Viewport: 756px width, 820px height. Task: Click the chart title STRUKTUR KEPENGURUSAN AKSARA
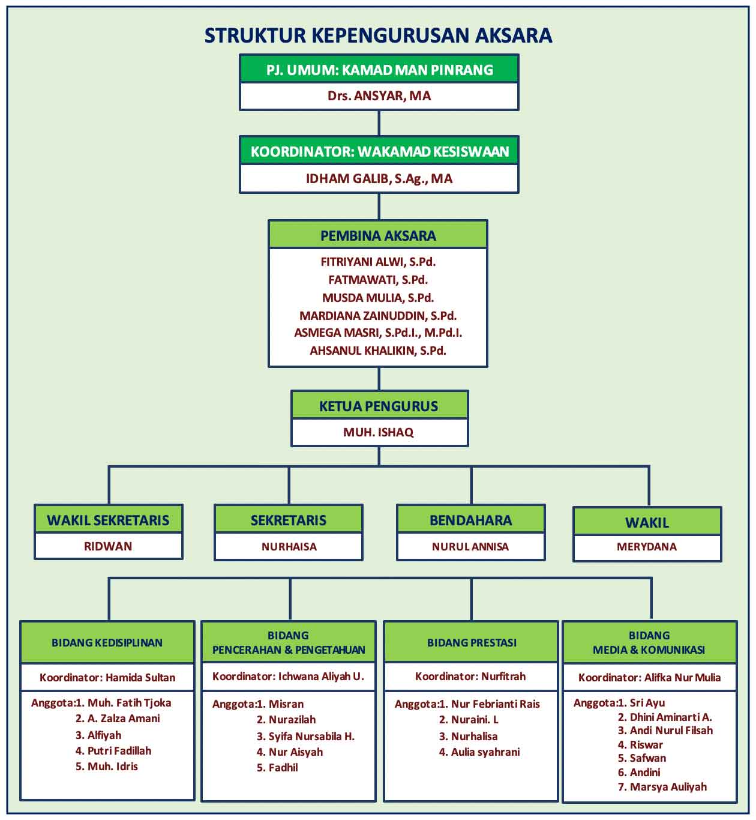(378, 35)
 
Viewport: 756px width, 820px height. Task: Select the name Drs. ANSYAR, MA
(379, 96)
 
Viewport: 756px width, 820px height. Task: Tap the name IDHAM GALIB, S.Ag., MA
(379, 179)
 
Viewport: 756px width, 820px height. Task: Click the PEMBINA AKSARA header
(378, 236)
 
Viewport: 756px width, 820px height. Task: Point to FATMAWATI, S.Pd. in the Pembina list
(378, 280)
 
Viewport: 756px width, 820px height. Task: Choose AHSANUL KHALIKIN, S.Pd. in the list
(378, 351)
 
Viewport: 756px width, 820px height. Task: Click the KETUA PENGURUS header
(379, 406)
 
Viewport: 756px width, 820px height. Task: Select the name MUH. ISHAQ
(379, 432)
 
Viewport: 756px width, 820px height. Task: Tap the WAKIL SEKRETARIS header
(108, 520)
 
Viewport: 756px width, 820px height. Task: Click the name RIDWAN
(108, 546)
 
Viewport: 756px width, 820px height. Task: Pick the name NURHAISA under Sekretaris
(289, 547)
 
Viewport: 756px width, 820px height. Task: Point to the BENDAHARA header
(470, 520)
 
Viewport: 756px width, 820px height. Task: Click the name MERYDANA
(647, 547)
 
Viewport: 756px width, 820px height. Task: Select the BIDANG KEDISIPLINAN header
(107, 643)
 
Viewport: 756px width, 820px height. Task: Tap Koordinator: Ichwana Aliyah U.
(288, 677)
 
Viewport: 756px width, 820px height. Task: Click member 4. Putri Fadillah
(113, 750)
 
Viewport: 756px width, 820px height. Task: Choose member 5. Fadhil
(277, 768)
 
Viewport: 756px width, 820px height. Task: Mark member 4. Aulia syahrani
(479, 752)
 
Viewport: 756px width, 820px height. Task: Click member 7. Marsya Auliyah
(662, 786)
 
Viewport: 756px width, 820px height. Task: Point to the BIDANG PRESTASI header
(472, 643)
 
